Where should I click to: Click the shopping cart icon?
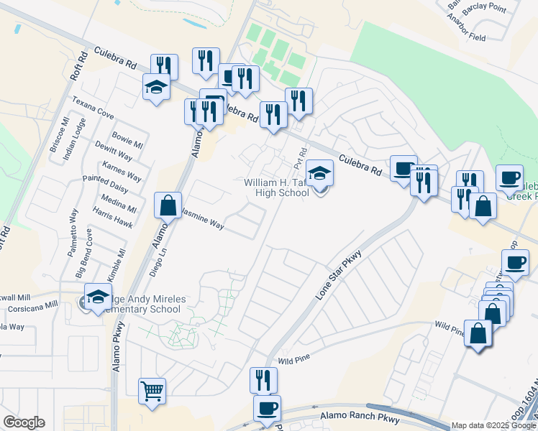(x=152, y=391)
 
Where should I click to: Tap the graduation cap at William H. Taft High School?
(x=320, y=173)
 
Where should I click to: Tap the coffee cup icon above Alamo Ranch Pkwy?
(x=268, y=409)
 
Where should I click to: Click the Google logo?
(x=23, y=422)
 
